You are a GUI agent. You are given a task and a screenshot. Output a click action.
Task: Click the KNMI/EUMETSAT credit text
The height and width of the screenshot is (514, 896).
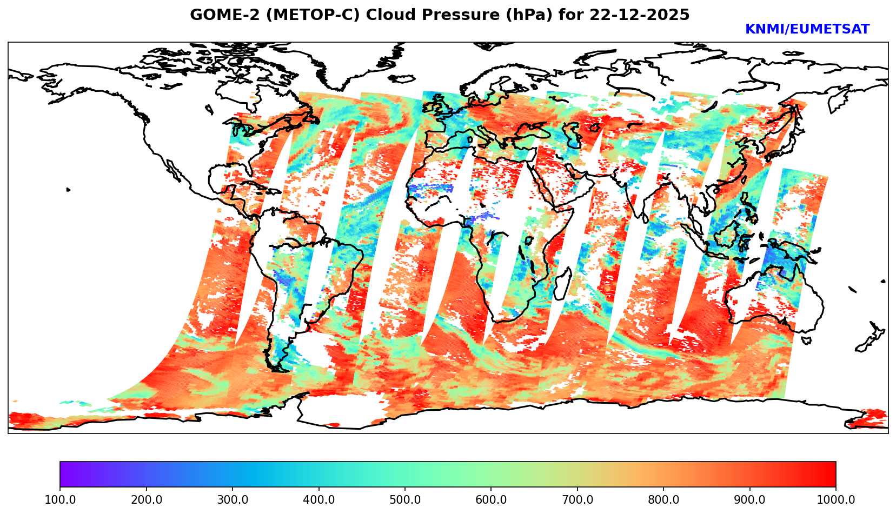point(807,30)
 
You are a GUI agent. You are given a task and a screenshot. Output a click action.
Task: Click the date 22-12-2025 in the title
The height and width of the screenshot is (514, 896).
point(640,15)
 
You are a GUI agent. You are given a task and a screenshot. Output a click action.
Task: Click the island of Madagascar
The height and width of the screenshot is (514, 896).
point(563,283)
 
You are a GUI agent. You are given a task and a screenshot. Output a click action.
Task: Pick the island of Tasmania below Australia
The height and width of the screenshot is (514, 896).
point(806,341)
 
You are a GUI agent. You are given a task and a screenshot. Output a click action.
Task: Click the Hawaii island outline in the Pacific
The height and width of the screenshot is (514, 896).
point(68,190)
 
